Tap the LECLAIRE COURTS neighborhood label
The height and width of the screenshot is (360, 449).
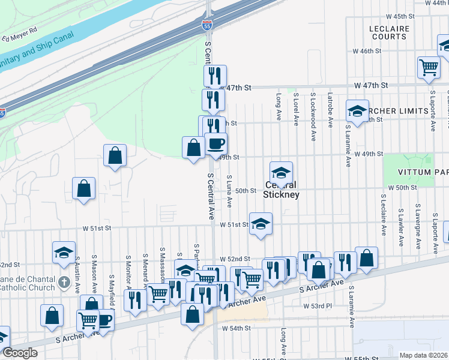pos(389,32)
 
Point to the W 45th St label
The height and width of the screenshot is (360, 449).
pos(401,16)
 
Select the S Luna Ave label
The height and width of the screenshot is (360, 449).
pos(230,191)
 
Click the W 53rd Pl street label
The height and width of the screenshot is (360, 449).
pos(319,306)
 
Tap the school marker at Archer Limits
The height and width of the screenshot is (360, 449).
pos(357,111)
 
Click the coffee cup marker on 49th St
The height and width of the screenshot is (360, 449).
pos(216,143)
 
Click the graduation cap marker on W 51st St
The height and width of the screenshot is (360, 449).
pos(261,224)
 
